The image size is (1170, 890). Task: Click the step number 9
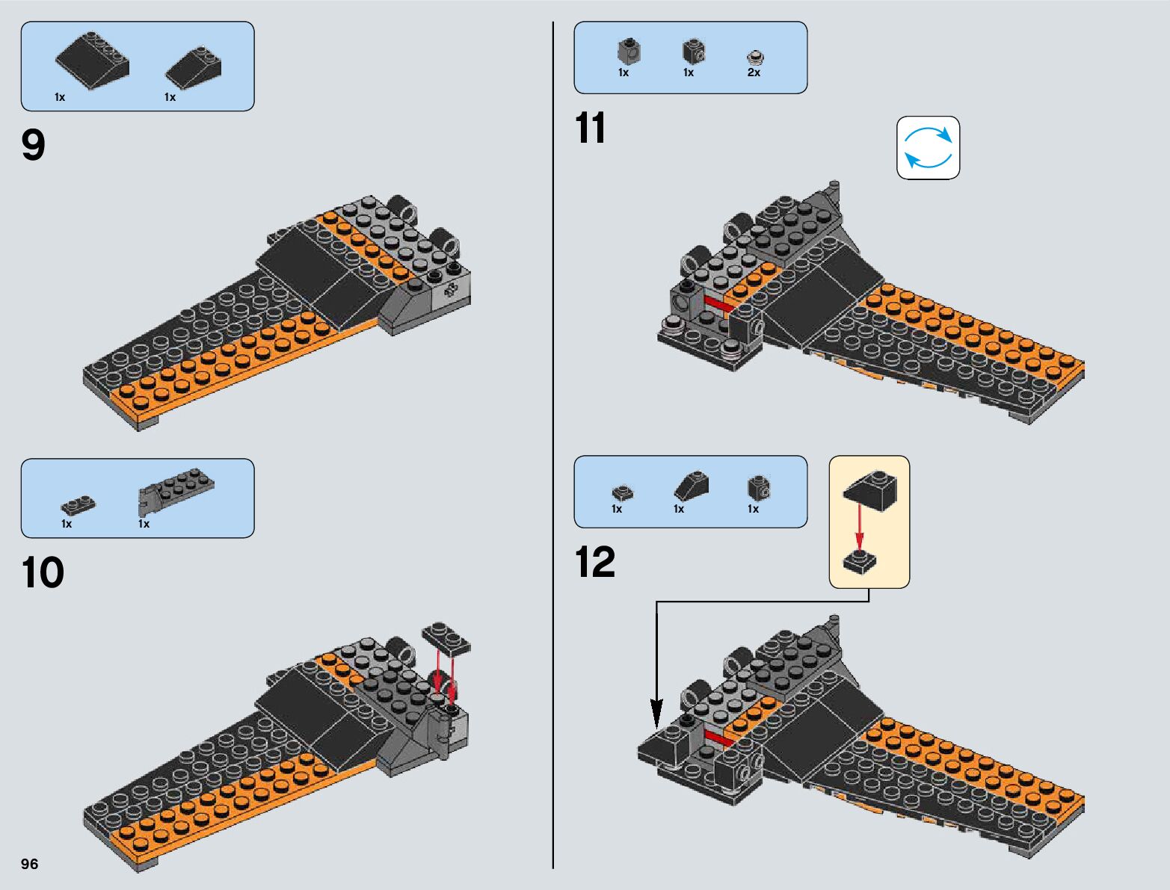[x=34, y=145]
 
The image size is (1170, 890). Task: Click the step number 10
[x=43, y=573]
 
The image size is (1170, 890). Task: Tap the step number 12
[x=594, y=562]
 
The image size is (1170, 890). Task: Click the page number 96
[x=29, y=864]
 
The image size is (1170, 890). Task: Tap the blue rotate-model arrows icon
[x=928, y=148]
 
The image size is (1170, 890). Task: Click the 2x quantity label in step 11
[x=754, y=73]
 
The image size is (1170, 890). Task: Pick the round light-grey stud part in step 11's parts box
[x=755, y=57]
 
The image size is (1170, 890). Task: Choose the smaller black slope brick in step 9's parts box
[x=194, y=67]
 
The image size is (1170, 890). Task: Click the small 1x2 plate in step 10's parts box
[x=78, y=506]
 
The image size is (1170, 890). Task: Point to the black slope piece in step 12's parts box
[x=692, y=486]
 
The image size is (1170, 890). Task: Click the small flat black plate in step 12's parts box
[x=622, y=492]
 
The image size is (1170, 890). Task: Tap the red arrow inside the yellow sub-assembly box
[x=860, y=531]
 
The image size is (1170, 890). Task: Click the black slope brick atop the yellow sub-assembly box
[x=870, y=491]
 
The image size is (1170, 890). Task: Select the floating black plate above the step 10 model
[x=446, y=639]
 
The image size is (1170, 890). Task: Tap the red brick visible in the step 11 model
[x=718, y=304]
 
